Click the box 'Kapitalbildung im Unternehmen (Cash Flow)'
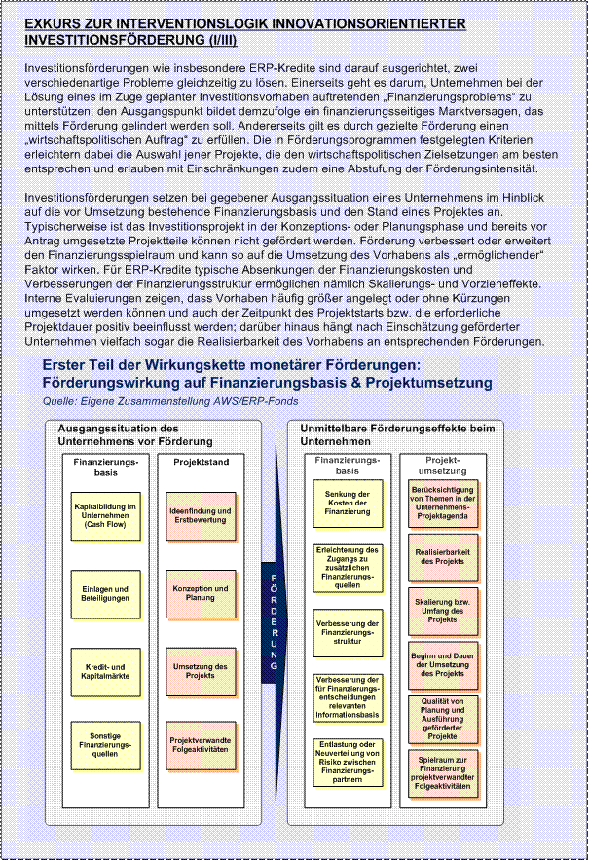105,515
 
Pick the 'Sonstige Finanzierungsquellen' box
105,745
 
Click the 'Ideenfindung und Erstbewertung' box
200,515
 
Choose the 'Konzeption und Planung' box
200,593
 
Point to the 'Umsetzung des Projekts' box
200,670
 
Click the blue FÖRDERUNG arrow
276,623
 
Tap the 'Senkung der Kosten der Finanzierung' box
348,503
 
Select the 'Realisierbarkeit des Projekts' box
443,556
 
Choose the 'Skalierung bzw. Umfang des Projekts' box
443,610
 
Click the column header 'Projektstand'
201,462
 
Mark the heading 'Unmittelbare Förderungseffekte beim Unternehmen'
396,434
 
